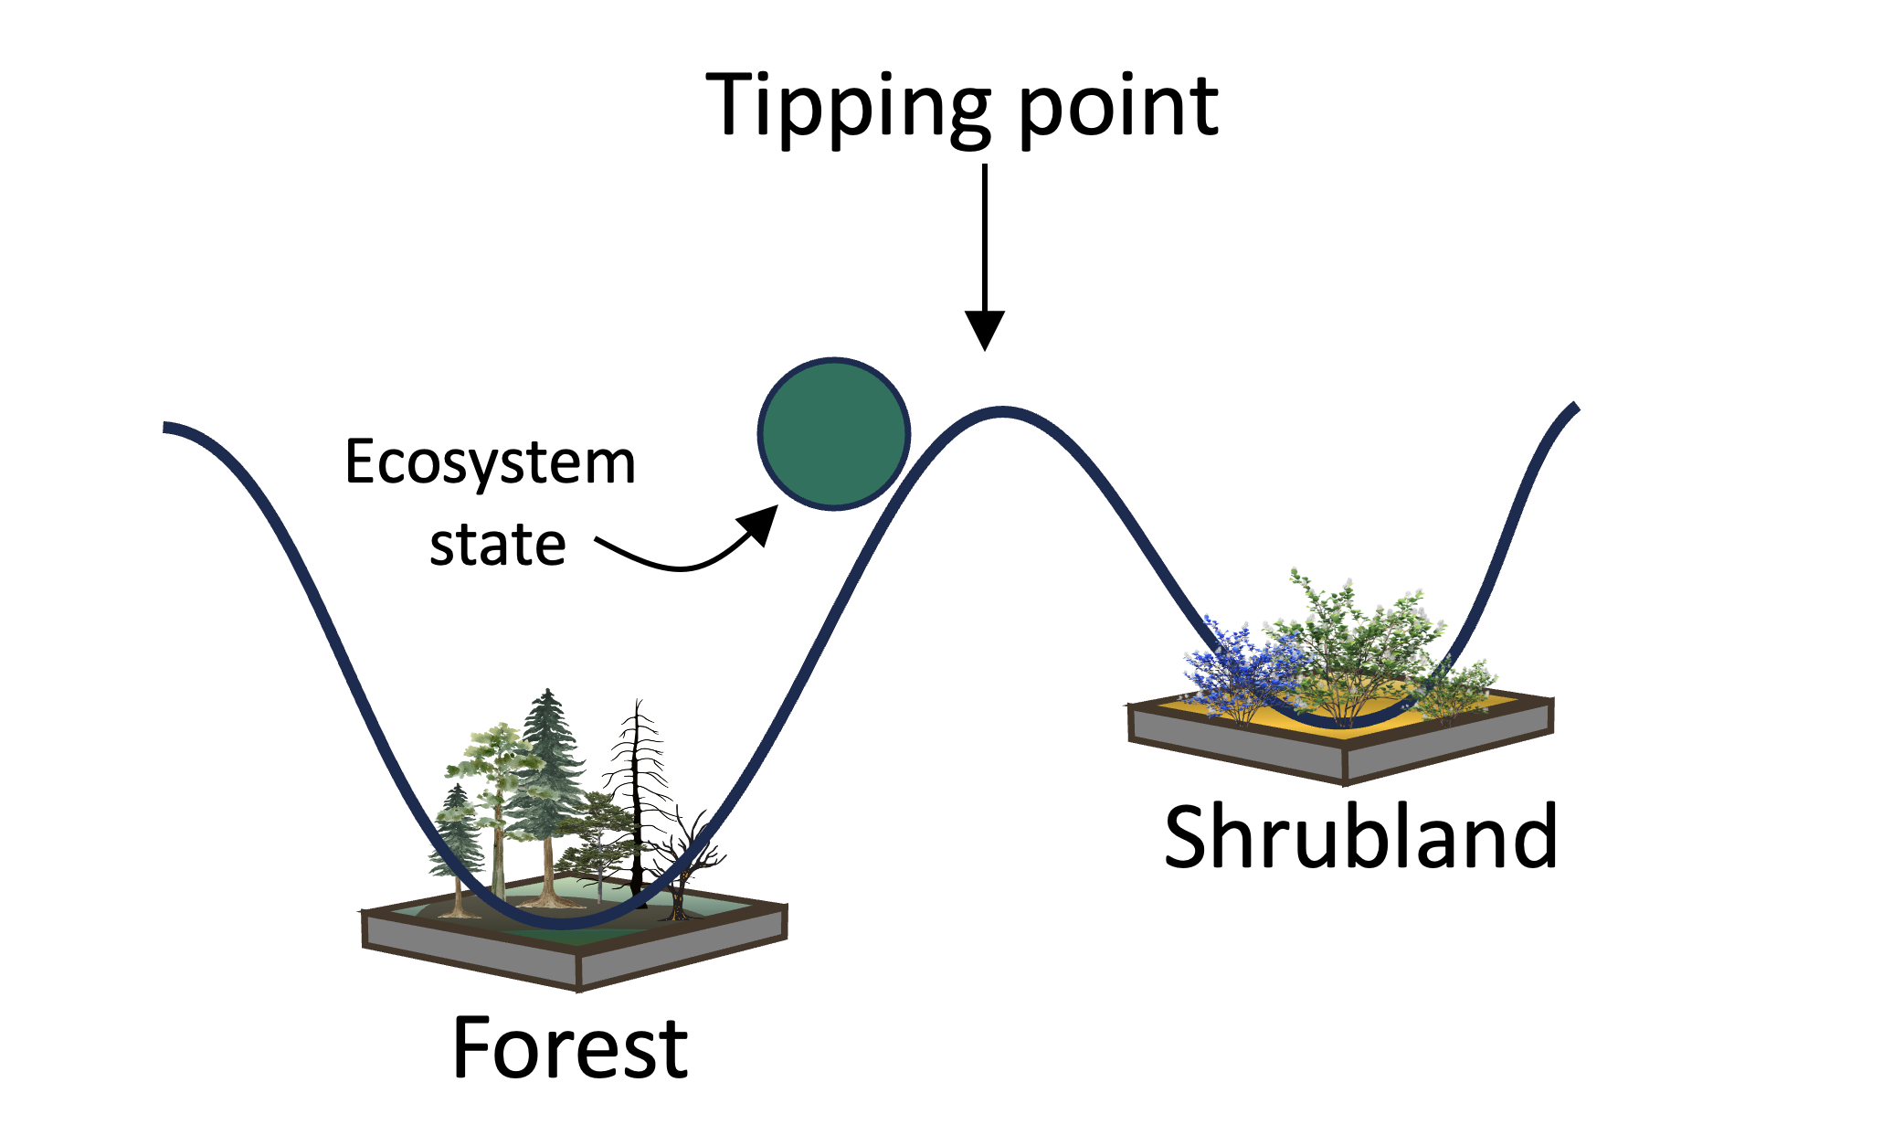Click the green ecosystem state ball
pos(833,433)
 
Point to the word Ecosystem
pos(490,462)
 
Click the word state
pos(498,546)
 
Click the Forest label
pos(570,1048)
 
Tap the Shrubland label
pos(1360,837)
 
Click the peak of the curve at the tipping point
pos(1002,412)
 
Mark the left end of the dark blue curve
pos(167,427)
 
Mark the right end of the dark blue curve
pos(1575,407)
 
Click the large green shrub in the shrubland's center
pos(1352,640)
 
